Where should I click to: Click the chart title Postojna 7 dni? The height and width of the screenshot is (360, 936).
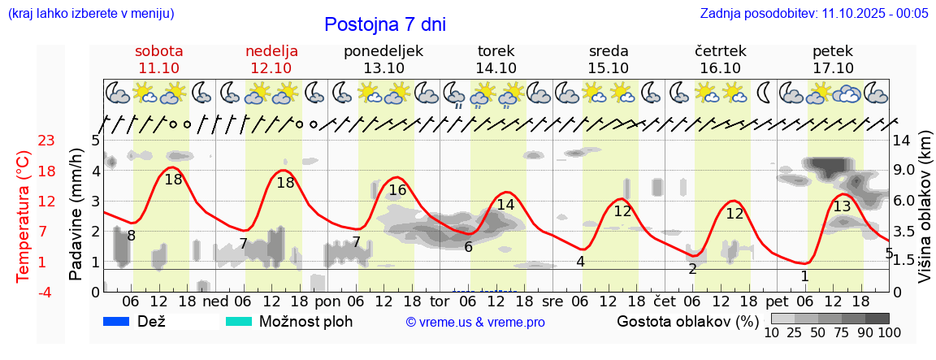click(x=385, y=24)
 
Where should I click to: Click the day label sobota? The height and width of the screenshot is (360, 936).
click(x=159, y=51)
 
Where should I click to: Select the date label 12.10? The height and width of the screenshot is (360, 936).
click(x=271, y=68)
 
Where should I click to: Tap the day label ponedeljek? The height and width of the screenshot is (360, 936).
click(x=383, y=51)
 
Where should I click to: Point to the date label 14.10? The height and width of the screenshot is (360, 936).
click(x=496, y=68)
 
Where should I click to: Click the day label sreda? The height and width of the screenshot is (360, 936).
click(x=609, y=51)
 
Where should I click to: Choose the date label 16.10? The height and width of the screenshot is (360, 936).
click(x=721, y=68)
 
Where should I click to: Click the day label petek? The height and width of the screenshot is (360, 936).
click(x=833, y=51)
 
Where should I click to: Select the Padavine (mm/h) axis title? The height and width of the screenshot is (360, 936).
click(x=76, y=215)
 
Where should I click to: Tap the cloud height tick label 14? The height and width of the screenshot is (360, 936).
click(x=901, y=141)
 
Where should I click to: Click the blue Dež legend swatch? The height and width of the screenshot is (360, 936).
click(x=117, y=321)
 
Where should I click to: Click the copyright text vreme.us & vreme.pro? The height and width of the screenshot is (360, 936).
click(x=475, y=323)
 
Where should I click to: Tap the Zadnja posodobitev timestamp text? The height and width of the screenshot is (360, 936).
click(x=814, y=14)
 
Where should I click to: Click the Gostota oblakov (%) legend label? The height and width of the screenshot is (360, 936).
click(x=687, y=321)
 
